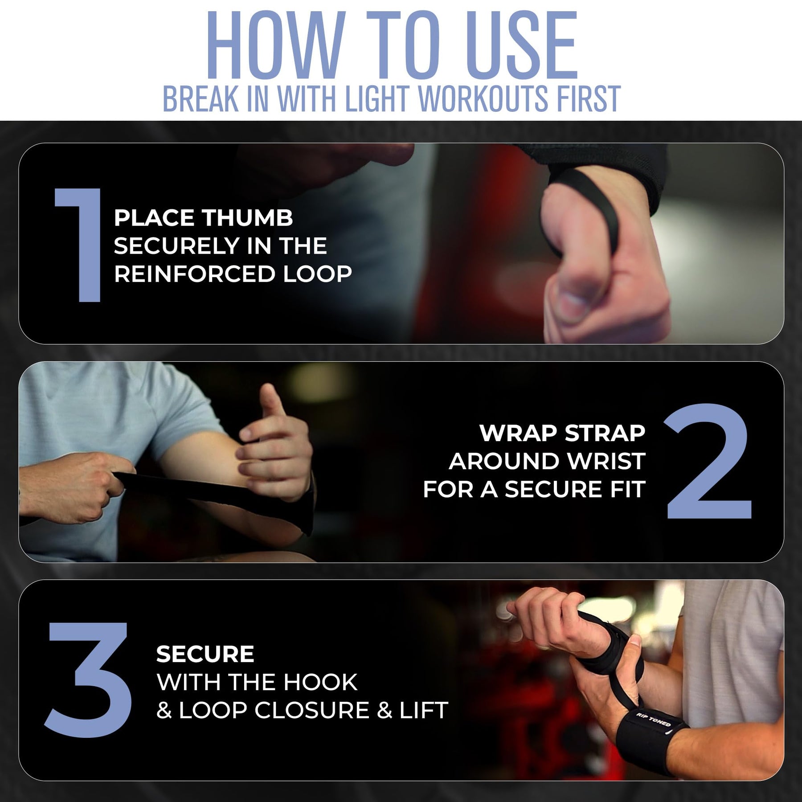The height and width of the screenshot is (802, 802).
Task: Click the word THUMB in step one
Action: point(248,218)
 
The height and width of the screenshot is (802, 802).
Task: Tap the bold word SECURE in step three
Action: point(205,654)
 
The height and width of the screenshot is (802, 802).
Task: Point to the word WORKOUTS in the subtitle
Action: point(483,98)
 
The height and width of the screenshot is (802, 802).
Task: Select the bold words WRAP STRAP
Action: point(562,433)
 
